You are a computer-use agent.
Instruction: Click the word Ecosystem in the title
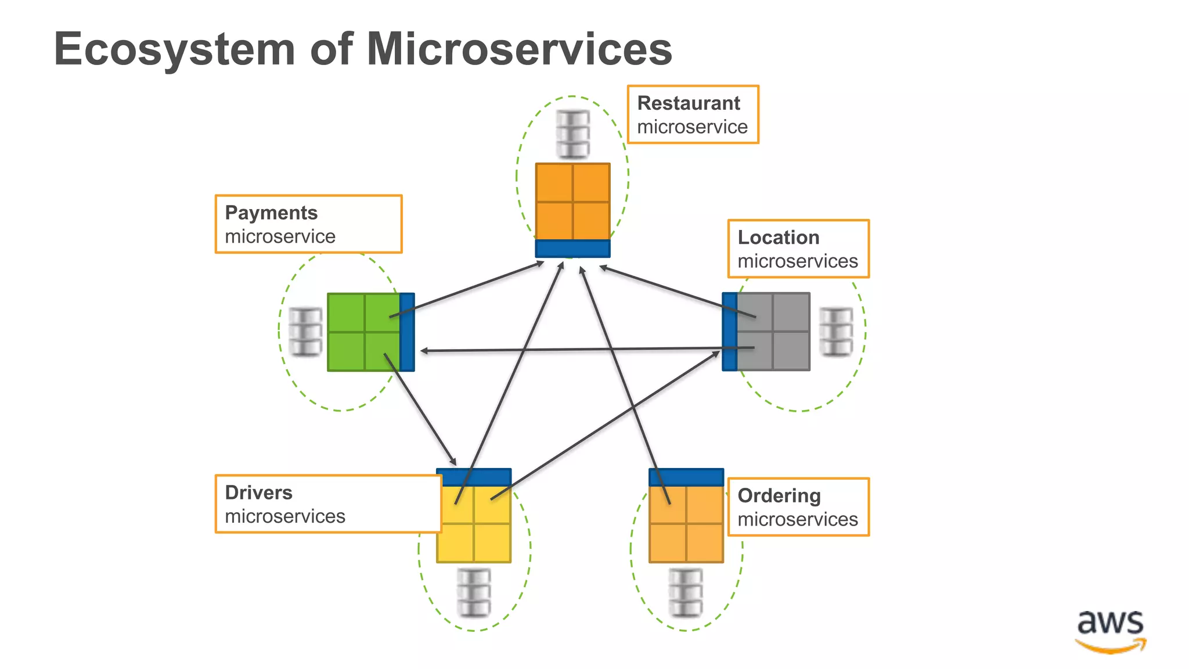click(174, 49)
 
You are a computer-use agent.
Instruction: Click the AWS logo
click(1110, 631)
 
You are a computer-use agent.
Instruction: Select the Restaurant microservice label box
click(693, 114)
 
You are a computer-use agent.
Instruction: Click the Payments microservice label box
click(308, 224)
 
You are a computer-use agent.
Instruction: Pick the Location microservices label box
click(798, 249)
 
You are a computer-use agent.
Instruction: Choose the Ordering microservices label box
click(798, 507)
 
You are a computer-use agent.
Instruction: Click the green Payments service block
click(364, 332)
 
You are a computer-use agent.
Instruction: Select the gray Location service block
click(773, 332)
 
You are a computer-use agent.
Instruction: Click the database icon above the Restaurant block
click(572, 134)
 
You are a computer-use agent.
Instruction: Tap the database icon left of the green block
click(305, 332)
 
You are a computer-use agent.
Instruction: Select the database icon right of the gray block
click(836, 332)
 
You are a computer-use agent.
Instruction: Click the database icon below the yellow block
click(474, 592)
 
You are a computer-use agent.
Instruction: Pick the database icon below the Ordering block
click(686, 592)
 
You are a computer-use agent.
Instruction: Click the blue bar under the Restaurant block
click(572, 249)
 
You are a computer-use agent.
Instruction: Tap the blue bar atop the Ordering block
click(686, 477)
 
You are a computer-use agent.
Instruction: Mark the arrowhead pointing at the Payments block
click(424, 351)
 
